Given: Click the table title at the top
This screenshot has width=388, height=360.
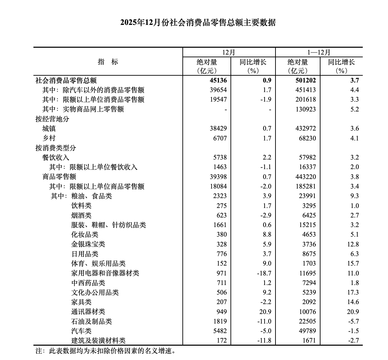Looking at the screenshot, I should point(198,23).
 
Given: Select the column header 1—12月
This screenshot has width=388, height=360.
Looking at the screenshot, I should point(319,52).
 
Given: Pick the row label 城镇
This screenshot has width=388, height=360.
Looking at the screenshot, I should point(49,129).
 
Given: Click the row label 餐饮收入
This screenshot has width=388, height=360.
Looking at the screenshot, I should point(56,157).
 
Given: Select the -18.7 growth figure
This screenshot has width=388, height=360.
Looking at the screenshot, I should point(264,273).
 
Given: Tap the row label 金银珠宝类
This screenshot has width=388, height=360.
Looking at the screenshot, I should point(88,244).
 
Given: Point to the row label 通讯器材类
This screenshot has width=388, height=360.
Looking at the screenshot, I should point(88,312).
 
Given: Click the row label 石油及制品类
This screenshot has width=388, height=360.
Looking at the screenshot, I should point(91,321).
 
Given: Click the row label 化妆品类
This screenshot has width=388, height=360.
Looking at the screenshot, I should point(85,235).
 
